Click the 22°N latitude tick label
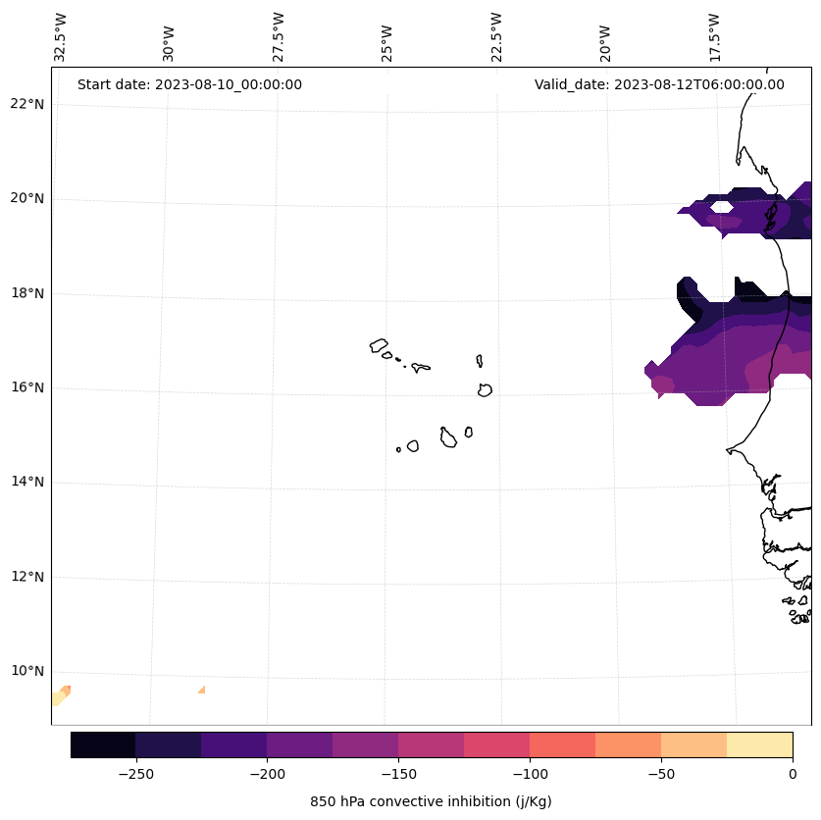coord(27,104)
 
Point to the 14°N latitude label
coord(27,482)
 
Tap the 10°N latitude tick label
coord(27,671)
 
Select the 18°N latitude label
coord(27,293)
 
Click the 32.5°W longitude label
coord(61,37)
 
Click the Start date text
coord(189,84)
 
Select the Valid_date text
coord(659,84)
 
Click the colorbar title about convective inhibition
coord(431,801)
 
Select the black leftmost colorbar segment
coord(103,744)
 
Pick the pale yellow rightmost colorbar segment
coord(759,744)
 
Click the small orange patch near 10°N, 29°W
coord(202,691)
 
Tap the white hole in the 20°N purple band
coord(721,207)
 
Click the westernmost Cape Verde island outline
coord(379,345)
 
